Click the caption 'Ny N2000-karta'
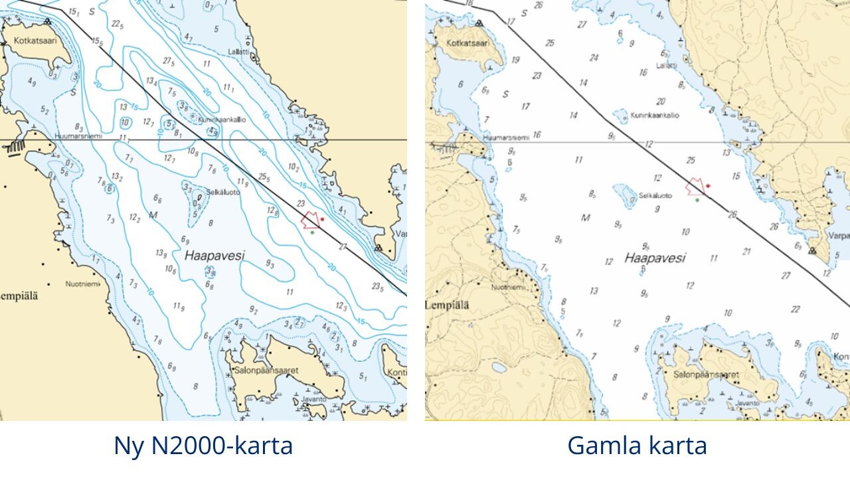[x=203, y=445]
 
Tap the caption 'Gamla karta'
[x=637, y=445]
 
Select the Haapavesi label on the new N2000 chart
[x=214, y=255]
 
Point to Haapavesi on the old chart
[x=655, y=258]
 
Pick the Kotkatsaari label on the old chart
[x=468, y=42]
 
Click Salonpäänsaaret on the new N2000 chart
[x=266, y=369]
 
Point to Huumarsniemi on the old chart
[x=507, y=137]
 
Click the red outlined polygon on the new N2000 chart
[x=310, y=220]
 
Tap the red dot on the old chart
[x=708, y=186]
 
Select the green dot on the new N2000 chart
[x=311, y=232]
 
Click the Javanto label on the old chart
[x=747, y=402]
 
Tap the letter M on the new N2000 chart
[x=153, y=215]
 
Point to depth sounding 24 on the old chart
[x=594, y=58]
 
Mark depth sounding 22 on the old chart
[x=796, y=309]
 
